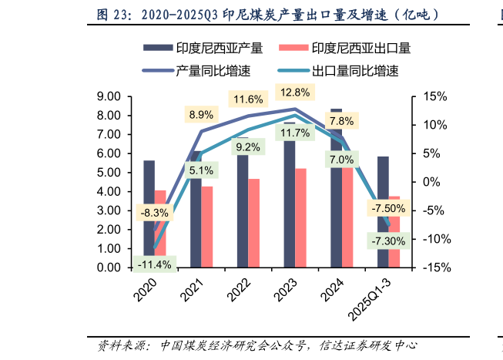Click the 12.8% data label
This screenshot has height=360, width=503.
(x=295, y=93)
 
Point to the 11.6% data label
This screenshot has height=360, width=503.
(x=248, y=99)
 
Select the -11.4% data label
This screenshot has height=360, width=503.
(x=154, y=264)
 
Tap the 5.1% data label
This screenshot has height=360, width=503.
(x=201, y=170)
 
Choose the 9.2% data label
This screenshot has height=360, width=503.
(x=248, y=146)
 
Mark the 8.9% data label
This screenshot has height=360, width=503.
(x=201, y=115)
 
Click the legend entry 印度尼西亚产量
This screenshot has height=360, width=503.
(x=202, y=49)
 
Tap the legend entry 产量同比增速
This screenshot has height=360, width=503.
(x=202, y=71)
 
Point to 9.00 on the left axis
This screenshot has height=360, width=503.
(x=110, y=96)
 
